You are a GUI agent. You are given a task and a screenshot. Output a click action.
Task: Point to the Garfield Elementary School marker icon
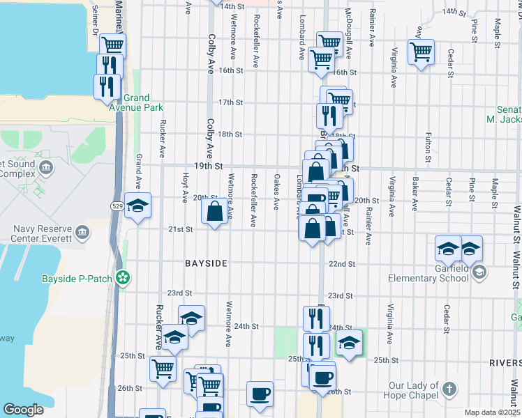click(x=479, y=272)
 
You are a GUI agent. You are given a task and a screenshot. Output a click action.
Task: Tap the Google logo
click(x=23, y=410)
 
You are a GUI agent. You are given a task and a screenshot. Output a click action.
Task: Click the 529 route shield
click(x=118, y=206)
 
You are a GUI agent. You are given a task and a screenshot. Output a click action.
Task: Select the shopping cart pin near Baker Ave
click(x=421, y=51)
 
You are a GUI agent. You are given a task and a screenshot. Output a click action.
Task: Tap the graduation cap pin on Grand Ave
click(x=138, y=206)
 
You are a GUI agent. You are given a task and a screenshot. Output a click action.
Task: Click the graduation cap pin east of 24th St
click(x=350, y=343)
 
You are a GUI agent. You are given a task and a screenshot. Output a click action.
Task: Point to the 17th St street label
click(x=230, y=102)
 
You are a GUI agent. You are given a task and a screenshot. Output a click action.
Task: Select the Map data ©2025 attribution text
click(x=491, y=412)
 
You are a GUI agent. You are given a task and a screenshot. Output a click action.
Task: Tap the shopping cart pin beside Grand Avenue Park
click(x=112, y=45)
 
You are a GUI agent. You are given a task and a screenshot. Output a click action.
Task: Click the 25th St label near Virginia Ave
click(x=385, y=360)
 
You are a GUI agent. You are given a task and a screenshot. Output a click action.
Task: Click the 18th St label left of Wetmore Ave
click(x=230, y=134)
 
